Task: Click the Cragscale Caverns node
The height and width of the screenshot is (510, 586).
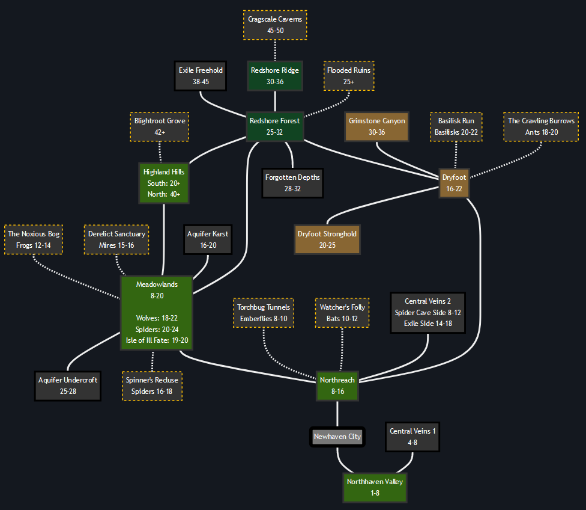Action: click(x=276, y=25)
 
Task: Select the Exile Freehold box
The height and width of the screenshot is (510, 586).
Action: click(x=201, y=76)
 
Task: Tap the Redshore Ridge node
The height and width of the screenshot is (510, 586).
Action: click(x=275, y=76)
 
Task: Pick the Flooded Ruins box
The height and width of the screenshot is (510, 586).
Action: click(x=349, y=76)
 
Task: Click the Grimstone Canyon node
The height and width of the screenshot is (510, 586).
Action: click(x=376, y=126)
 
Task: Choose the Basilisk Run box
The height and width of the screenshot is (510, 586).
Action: click(x=456, y=126)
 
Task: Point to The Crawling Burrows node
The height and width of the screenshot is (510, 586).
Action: click(x=541, y=126)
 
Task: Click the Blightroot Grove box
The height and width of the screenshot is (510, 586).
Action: click(x=160, y=126)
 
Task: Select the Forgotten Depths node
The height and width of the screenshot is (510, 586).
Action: click(x=292, y=183)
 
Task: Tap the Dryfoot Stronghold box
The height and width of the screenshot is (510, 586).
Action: click(x=327, y=239)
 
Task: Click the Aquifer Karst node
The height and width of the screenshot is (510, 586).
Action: click(x=208, y=239)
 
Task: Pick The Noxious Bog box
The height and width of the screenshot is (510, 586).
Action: click(x=34, y=239)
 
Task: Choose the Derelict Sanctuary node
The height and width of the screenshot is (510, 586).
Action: click(x=116, y=239)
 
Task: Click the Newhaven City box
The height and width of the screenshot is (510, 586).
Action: click(x=337, y=437)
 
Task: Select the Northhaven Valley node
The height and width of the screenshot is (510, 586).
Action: click(x=375, y=487)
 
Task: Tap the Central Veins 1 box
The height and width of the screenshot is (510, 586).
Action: click(x=412, y=437)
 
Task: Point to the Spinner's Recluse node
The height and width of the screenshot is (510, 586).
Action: click(x=153, y=386)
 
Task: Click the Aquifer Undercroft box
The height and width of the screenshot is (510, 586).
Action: click(x=68, y=386)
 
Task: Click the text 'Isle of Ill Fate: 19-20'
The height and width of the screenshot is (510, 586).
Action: click(x=157, y=340)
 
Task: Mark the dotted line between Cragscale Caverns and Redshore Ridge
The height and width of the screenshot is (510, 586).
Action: click(x=275, y=50)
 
